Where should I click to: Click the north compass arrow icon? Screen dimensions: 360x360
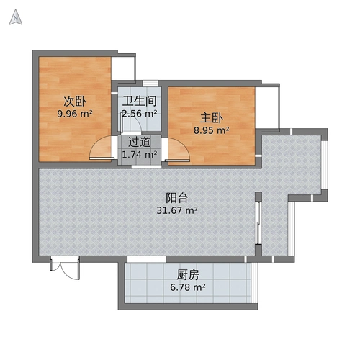16,19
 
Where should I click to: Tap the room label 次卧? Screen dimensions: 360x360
75,101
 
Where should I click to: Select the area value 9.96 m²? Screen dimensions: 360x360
75,113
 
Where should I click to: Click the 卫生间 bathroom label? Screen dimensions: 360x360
140,101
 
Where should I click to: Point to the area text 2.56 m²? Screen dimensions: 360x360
140,113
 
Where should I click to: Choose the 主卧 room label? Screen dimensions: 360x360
212,117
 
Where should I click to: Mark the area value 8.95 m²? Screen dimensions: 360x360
212,130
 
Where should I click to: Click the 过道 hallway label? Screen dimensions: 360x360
140,141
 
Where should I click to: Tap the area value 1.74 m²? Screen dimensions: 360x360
140,153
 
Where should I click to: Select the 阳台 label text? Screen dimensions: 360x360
177,197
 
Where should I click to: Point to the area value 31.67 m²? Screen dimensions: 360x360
177,210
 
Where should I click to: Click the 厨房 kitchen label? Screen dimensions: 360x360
188,274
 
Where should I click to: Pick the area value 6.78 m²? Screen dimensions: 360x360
188,287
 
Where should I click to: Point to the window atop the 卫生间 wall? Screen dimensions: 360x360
150,83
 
